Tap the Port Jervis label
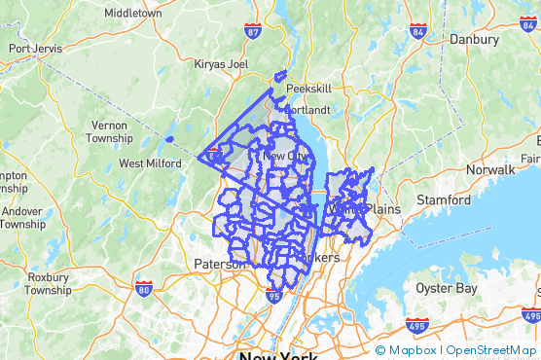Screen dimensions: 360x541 [x=35, y=48]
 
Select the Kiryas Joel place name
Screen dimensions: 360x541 [x=223, y=64]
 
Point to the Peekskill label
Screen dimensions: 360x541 [x=308, y=88]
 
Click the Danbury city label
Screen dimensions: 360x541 [x=474, y=40]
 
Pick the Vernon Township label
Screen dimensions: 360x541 [x=108, y=131]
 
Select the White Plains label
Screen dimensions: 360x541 [x=356, y=209]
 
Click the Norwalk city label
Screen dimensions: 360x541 [x=490, y=169]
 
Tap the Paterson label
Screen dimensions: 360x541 [x=220, y=264]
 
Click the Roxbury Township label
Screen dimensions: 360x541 [x=48, y=283]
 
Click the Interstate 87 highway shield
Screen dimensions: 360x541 [x=252, y=33]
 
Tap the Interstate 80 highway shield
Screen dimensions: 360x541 [x=143, y=289]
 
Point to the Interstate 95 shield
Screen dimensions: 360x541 [x=273, y=296]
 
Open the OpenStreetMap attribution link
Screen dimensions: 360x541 [x=490, y=350]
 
